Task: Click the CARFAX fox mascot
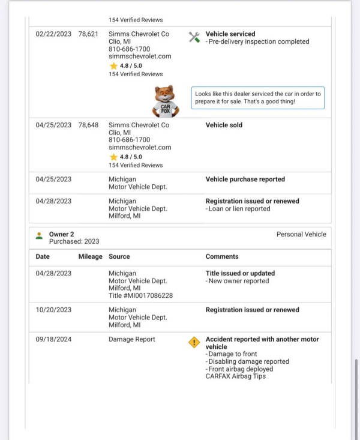pyautogui.click(x=166, y=101)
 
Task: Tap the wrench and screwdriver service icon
pyautogui.click(x=194, y=37)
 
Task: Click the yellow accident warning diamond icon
pyautogui.click(x=194, y=342)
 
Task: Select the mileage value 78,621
pyautogui.click(x=88, y=34)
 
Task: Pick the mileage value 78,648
pyautogui.click(x=88, y=125)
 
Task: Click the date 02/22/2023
pyautogui.click(x=53, y=34)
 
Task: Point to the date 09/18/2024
pyautogui.click(x=53, y=339)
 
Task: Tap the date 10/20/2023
pyautogui.click(x=53, y=310)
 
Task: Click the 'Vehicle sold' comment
pyautogui.click(x=224, y=125)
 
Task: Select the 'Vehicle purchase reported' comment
pyautogui.click(x=245, y=179)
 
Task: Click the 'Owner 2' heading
pyautogui.click(x=61, y=234)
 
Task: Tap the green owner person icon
pyautogui.click(x=40, y=235)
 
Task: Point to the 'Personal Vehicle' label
pyautogui.click(x=301, y=234)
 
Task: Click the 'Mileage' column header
pyautogui.click(x=90, y=256)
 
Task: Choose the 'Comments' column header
pyautogui.click(x=222, y=256)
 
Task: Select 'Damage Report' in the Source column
pyautogui.click(x=132, y=339)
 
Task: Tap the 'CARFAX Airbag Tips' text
pyautogui.click(x=236, y=376)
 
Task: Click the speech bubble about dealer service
pyautogui.click(x=258, y=98)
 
